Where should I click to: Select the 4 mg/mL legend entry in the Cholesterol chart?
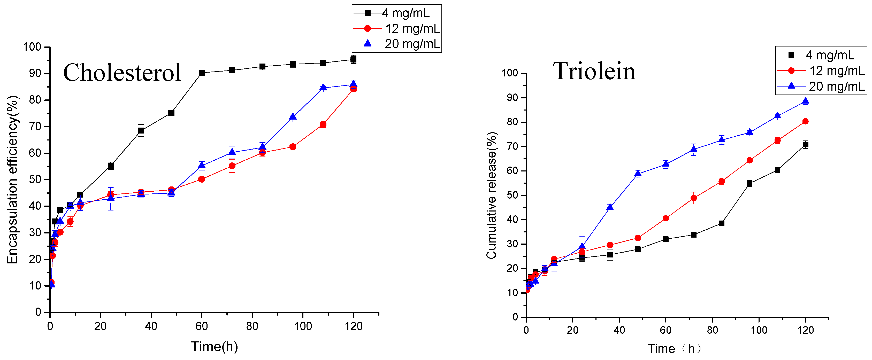pyautogui.click(x=396, y=13)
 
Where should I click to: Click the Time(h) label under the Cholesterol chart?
pyautogui.click(x=214, y=347)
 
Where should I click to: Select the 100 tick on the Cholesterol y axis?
pyautogui.click(x=32, y=47)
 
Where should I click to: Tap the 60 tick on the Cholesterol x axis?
pyautogui.click(x=201, y=326)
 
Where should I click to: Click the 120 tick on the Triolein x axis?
pyautogui.click(x=805, y=330)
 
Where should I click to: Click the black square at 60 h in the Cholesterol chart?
pyautogui.click(x=202, y=73)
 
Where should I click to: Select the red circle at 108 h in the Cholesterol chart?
pyautogui.click(x=323, y=124)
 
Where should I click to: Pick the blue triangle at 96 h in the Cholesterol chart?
pyautogui.click(x=293, y=117)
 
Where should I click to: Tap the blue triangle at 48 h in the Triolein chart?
pyautogui.click(x=638, y=174)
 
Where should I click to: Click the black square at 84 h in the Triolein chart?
pyautogui.click(x=721, y=223)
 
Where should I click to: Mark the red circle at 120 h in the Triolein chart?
pyautogui.click(x=805, y=121)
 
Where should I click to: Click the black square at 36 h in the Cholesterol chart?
pyautogui.click(x=141, y=131)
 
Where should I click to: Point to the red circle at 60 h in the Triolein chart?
pyautogui.click(x=666, y=218)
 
